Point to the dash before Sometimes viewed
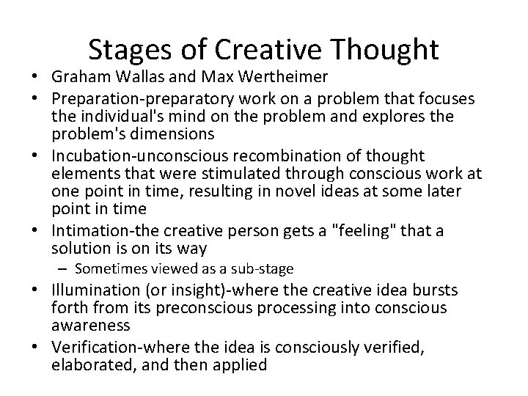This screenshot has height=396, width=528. (65, 268)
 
